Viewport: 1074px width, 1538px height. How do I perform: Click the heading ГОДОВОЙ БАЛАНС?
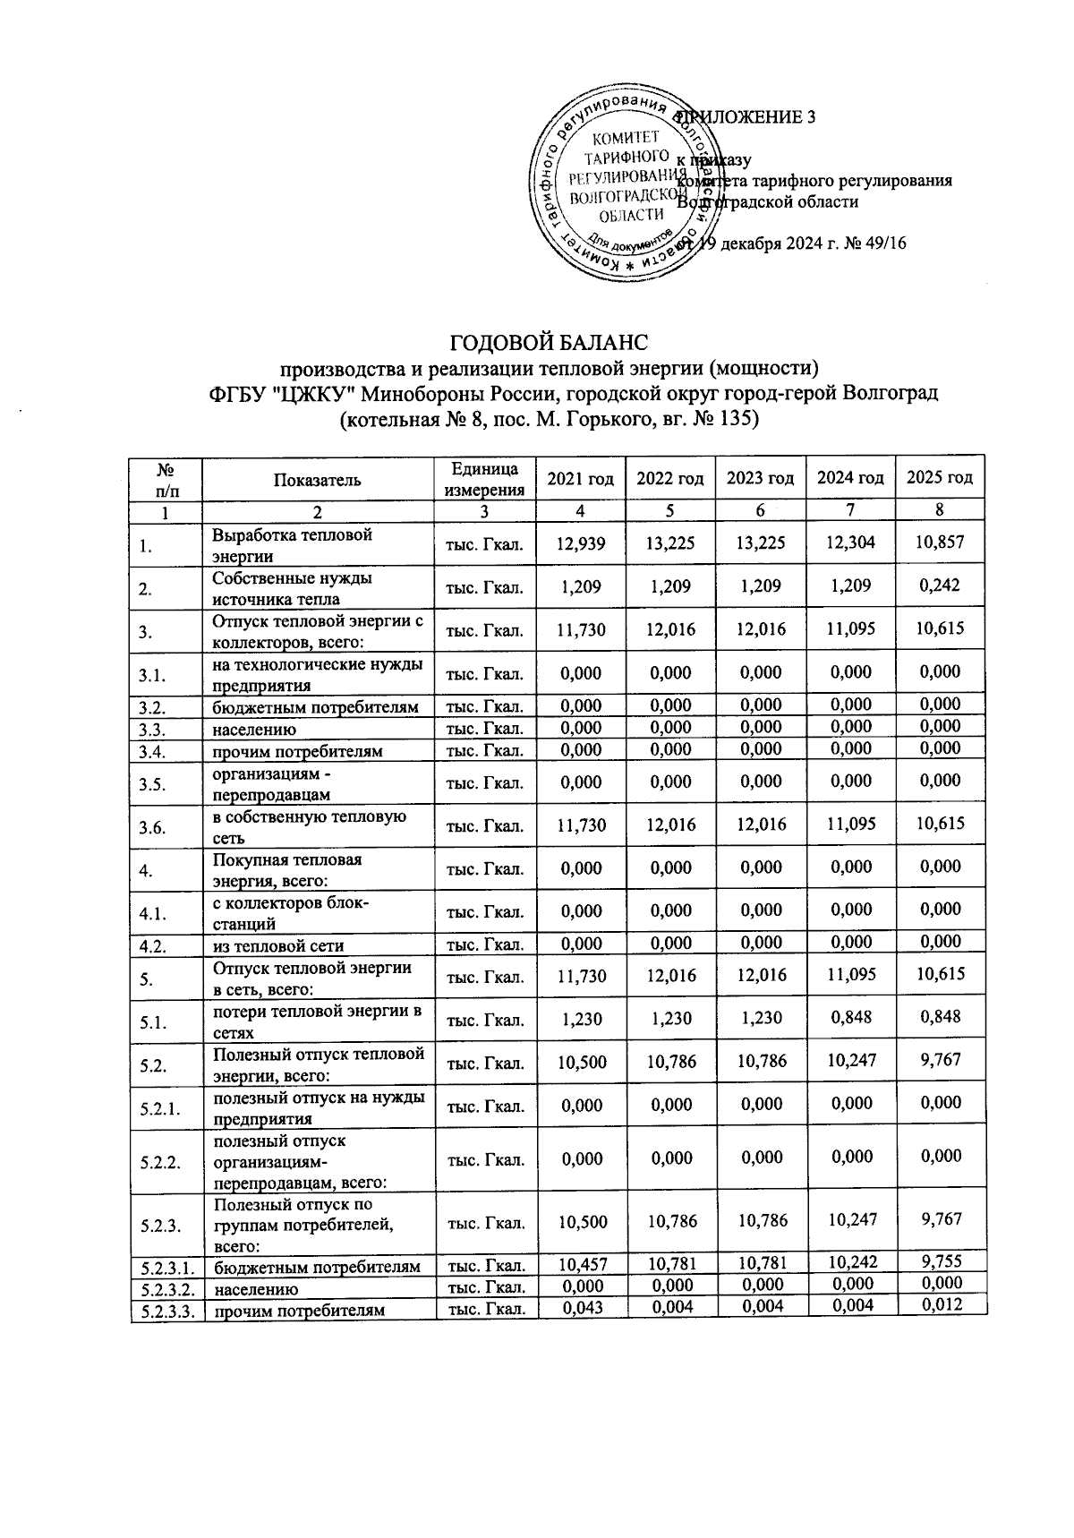coord(547,343)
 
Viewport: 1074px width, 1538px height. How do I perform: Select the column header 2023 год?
coord(760,478)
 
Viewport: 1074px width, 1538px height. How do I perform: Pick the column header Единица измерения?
coord(484,479)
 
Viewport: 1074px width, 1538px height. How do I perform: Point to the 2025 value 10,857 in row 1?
coord(939,543)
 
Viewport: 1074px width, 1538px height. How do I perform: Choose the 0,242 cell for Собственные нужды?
coord(939,585)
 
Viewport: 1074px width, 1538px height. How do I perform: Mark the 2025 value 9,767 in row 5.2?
coord(939,1060)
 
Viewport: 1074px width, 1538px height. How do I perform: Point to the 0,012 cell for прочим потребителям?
coord(939,1304)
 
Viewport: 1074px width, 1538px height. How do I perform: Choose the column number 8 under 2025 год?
coord(939,509)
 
